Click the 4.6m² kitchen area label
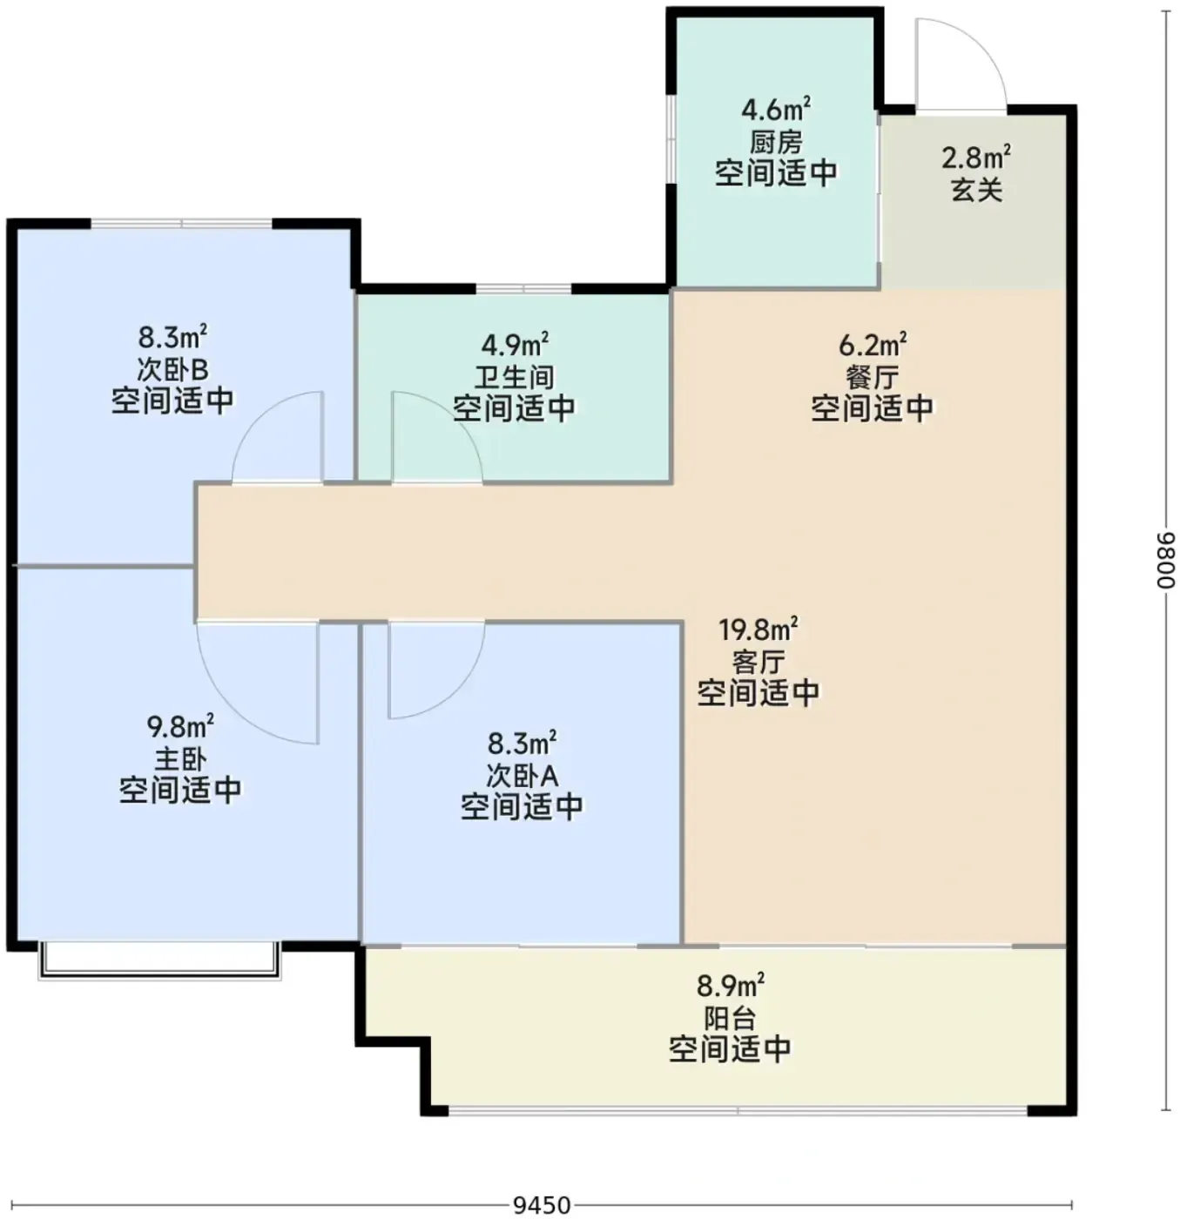(x=775, y=110)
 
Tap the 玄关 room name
(x=976, y=190)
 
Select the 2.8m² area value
(x=975, y=158)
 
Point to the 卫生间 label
(x=514, y=377)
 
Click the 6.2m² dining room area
(x=873, y=344)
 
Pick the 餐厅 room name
(x=873, y=376)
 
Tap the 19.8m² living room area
(x=758, y=629)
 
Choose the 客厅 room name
(x=759, y=662)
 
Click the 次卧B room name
(x=172, y=369)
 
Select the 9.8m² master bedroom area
(x=180, y=727)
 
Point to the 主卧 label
(x=180, y=759)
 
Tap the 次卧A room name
(x=522, y=776)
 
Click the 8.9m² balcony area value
(x=730, y=986)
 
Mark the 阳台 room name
(x=730, y=1018)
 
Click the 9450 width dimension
(x=542, y=1204)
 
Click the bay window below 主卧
(x=159, y=959)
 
